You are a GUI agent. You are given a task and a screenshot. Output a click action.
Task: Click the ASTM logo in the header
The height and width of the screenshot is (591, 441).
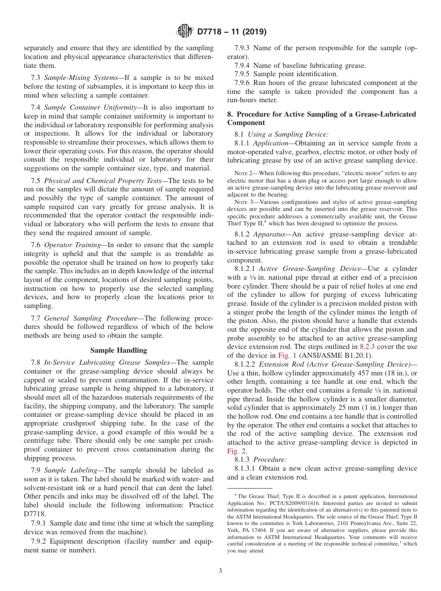click(x=184, y=32)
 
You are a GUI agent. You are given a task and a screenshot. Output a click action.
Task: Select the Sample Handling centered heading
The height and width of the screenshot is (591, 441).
click(x=118, y=350)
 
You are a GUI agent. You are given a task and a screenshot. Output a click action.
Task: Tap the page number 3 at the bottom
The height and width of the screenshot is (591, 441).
click(x=220, y=571)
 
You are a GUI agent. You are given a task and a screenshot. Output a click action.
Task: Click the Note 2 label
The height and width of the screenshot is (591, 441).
click(x=243, y=173)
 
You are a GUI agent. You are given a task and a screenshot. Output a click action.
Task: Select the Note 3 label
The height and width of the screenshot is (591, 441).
click(x=243, y=202)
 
